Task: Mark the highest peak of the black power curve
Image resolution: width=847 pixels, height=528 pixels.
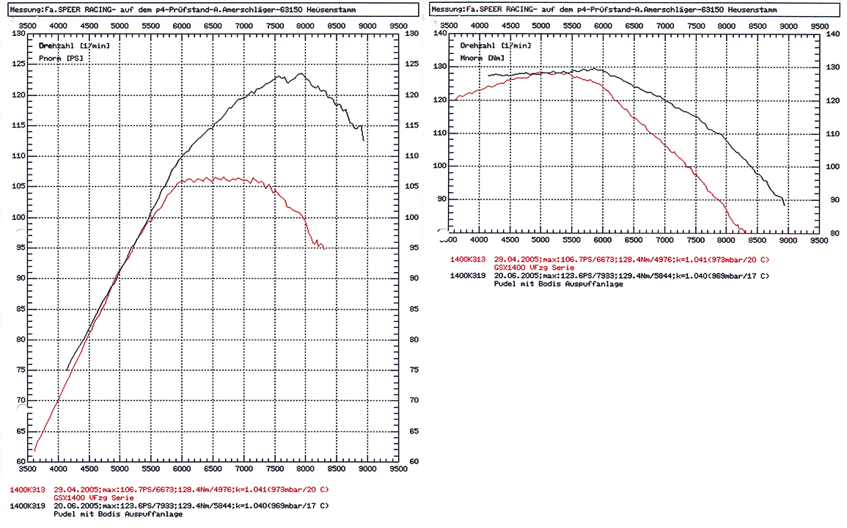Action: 301,73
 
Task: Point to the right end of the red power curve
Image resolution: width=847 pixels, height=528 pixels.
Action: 325,249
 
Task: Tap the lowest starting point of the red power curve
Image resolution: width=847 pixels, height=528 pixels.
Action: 34,450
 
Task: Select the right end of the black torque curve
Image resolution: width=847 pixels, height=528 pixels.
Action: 785,206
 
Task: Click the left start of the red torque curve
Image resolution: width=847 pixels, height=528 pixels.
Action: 455,99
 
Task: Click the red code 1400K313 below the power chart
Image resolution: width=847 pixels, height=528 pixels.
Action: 27,489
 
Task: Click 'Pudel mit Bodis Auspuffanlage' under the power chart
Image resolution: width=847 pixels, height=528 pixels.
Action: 118,514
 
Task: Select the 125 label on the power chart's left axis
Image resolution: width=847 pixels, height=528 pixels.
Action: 18,65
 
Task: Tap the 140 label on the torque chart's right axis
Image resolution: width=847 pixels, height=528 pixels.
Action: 832,34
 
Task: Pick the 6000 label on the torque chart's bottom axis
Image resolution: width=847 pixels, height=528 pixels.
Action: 603,240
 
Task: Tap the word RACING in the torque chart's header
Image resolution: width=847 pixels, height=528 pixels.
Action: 510,9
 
